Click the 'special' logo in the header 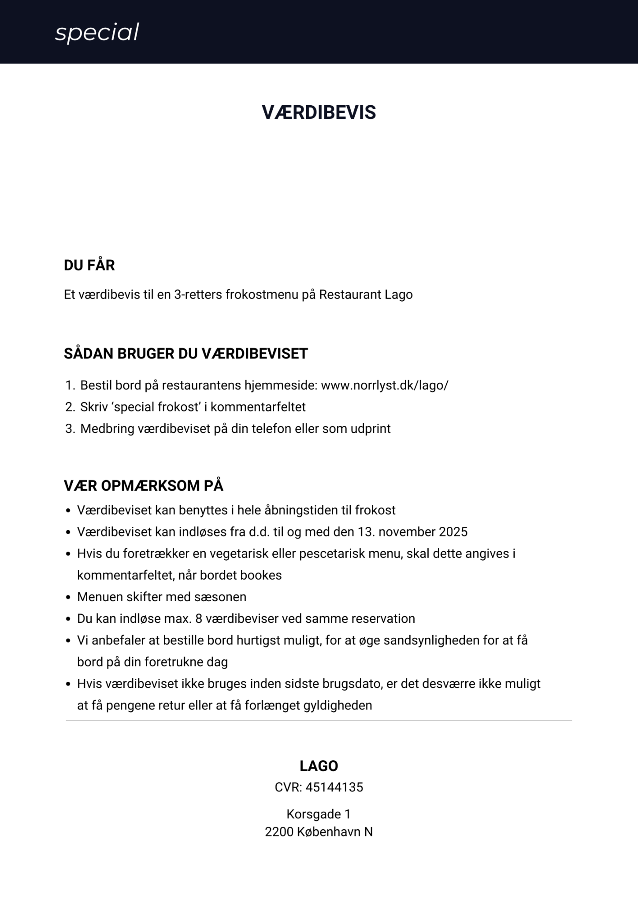tap(97, 33)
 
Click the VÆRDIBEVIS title tap(319, 113)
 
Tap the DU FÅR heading tap(89, 266)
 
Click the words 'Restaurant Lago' tap(366, 295)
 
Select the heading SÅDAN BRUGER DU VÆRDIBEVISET tap(186, 354)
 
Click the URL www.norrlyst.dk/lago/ tap(384, 385)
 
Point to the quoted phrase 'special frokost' tap(156, 407)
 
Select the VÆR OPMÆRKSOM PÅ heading tap(144, 486)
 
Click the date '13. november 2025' tap(413, 532)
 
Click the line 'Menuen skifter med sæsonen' tap(162, 597)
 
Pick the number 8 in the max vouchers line tap(199, 619)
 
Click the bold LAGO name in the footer tap(319, 766)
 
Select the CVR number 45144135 tap(334, 787)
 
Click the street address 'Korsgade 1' tap(319, 814)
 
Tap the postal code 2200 tap(279, 832)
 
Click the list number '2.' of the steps tap(70, 407)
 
